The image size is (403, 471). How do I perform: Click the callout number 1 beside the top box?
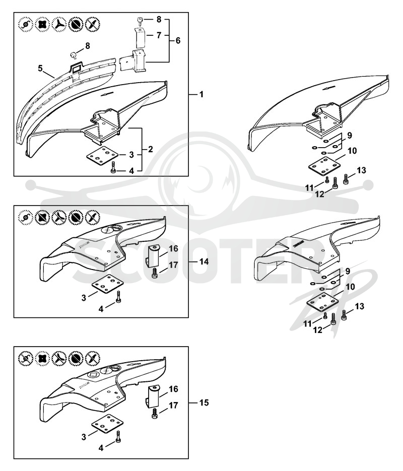(201, 94)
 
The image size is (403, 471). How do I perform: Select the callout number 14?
(204, 261)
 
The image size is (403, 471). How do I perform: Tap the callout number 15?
(204, 402)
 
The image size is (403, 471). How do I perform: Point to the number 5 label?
(40, 68)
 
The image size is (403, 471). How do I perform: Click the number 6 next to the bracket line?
(178, 40)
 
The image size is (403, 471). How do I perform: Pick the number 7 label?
(159, 35)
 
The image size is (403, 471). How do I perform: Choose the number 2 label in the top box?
(150, 149)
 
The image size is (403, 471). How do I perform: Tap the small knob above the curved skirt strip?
(73, 55)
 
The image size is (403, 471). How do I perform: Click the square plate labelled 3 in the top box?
(101, 156)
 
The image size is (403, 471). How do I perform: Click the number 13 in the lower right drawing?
(360, 306)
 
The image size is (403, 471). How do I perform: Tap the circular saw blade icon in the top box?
(74, 24)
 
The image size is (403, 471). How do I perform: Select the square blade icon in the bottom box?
(42, 358)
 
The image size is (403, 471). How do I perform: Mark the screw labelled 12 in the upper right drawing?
(335, 183)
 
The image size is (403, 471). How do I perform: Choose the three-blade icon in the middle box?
(59, 217)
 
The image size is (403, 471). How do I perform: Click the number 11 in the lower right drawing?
(307, 324)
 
